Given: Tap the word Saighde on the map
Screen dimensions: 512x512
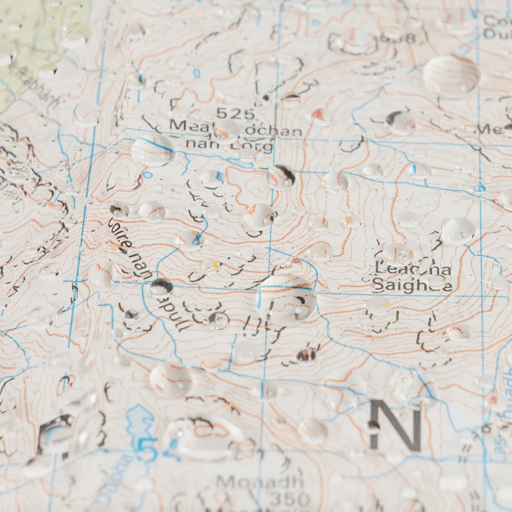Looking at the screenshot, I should pos(412,285).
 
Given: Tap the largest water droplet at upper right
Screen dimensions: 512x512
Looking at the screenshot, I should pos(451,75).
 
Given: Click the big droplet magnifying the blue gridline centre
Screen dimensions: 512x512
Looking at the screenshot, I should pos(286,299).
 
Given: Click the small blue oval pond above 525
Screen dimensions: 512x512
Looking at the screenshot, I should pos(196,73).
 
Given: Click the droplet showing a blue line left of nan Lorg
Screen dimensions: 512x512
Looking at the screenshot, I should pos(153,150).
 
